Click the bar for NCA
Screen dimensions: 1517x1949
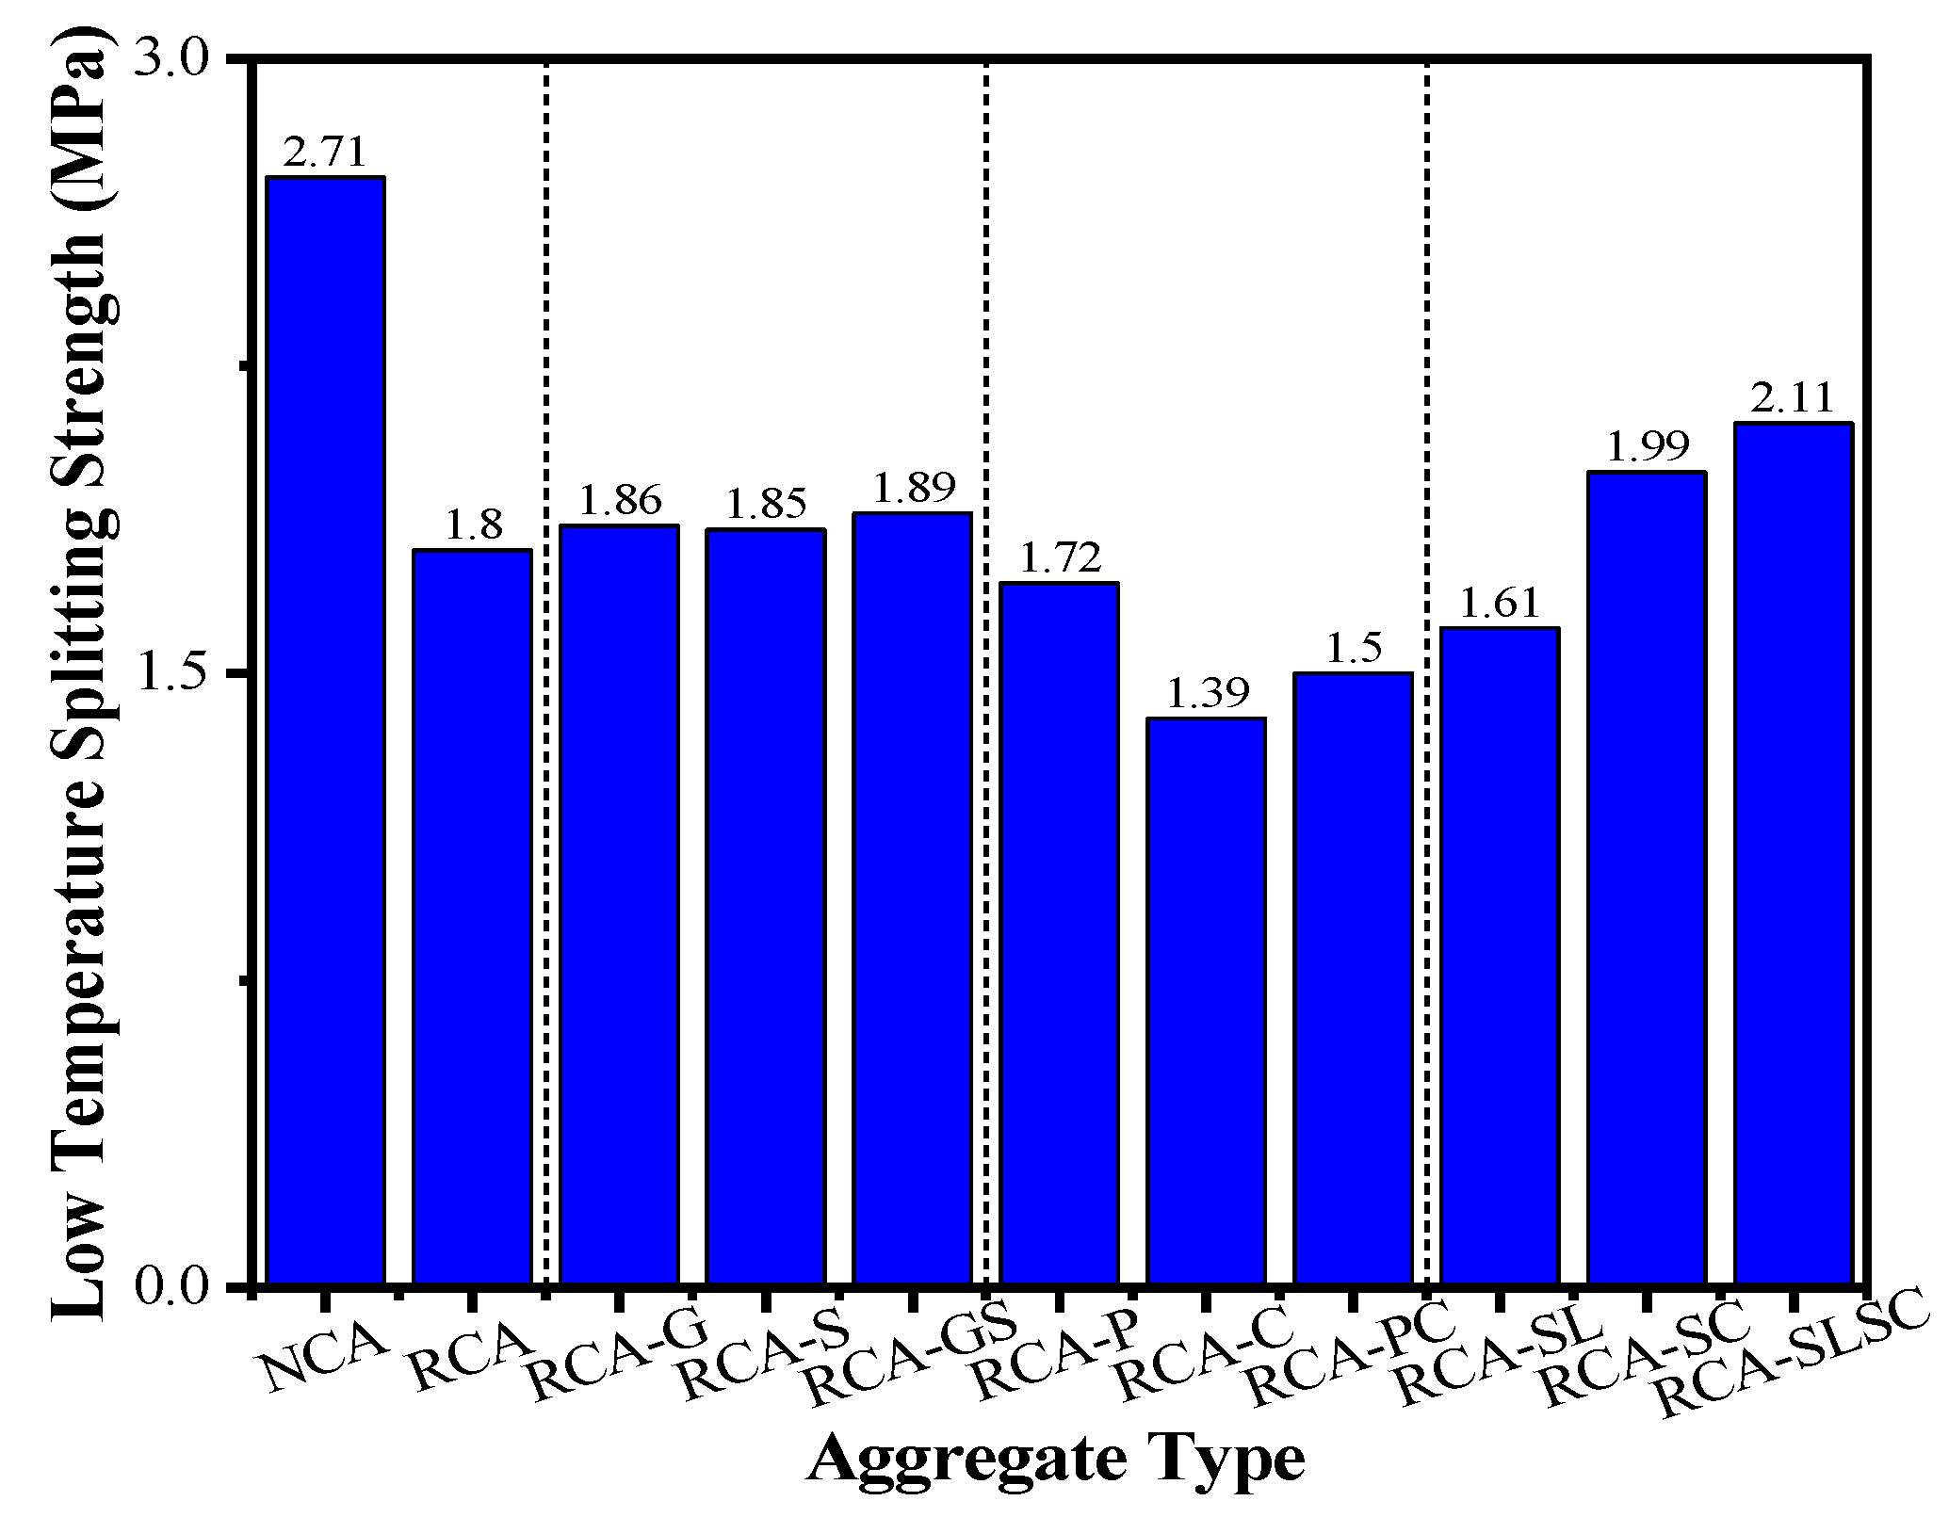[325, 730]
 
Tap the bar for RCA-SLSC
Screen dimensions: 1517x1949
[1794, 852]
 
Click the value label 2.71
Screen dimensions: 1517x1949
[325, 152]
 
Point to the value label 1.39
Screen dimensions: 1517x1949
[1207, 694]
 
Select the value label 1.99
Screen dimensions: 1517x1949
[1648, 446]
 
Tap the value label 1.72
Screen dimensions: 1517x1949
[1060, 558]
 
